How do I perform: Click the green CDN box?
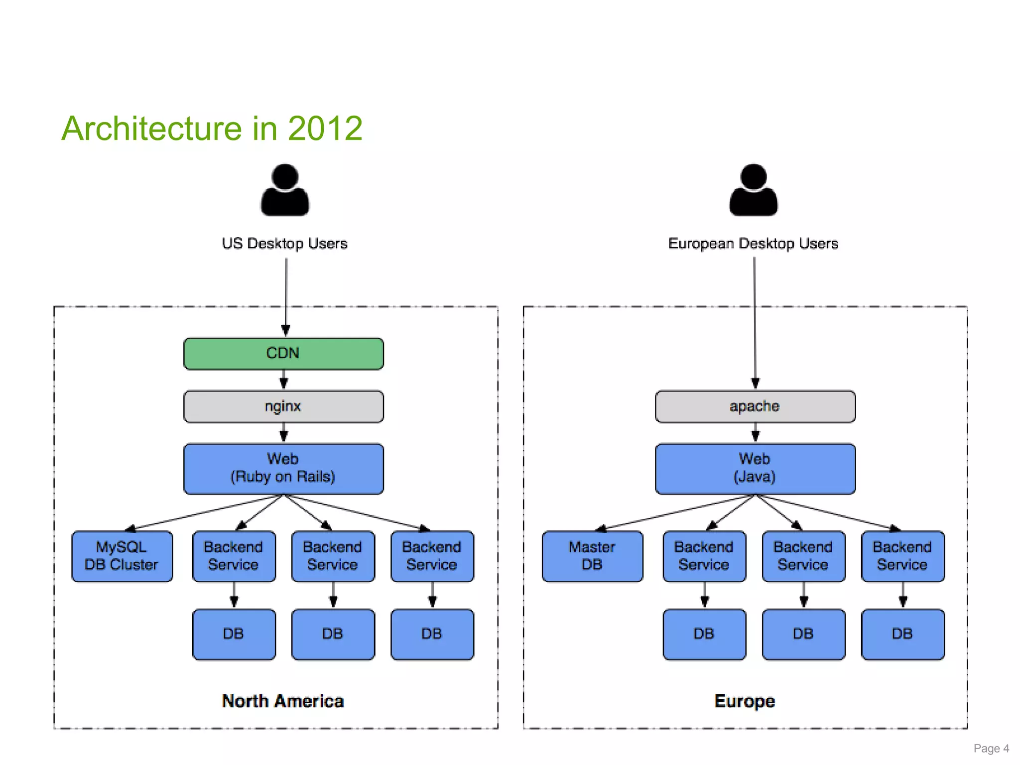(x=283, y=354)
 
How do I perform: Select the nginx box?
(x=283, y=406)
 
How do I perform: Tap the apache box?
(x=755, y=406)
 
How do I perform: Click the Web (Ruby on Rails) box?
(x=283, y=468)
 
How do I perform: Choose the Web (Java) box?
(x=755, y=468)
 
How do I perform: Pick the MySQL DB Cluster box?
(x=122, y=556)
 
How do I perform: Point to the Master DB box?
(x=592, y=556)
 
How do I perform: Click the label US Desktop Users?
(x=285, y=244)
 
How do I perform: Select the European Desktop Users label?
(x=753, y=244)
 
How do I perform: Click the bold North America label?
(x=283, y=701)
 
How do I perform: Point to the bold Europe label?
(x=745, y=701)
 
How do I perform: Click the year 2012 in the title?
(x=325, y=128)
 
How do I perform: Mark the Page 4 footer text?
(x=991, y=749)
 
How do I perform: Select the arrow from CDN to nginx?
(x=283, y=380)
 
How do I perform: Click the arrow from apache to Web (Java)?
(x=755, y=433)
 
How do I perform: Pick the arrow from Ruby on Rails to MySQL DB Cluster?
(x=204, y=512)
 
